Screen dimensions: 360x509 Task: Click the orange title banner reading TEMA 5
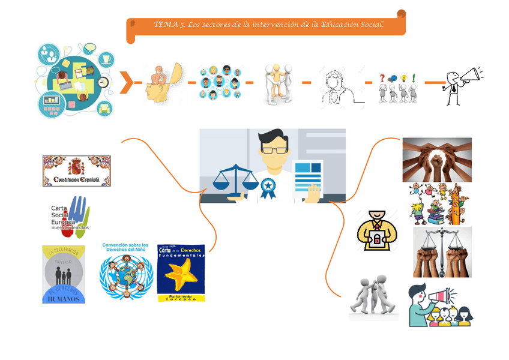(x=266, y=25)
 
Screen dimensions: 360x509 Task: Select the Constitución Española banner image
(x=77, y=171)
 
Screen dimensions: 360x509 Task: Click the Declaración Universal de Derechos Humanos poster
(x=64, y=274)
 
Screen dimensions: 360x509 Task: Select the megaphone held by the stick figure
(x=470, y=76)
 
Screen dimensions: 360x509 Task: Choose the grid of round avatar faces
(x=219, y=83)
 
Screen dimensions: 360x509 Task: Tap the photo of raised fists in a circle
(x=436, y=159)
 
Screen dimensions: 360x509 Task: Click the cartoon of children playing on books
(x=436, y=204)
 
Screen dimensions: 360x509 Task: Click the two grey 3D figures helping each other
(x=373, y=296)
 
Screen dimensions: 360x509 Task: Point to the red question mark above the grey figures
(x=382, y=78)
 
